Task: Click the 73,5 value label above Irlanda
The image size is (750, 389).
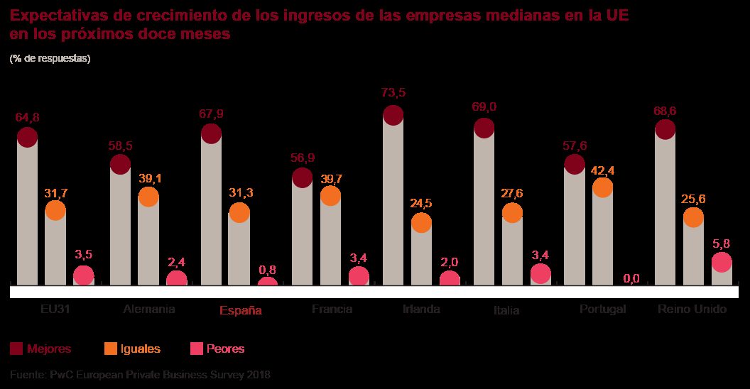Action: click(393, 92)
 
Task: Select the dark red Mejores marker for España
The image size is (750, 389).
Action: click(211, 133)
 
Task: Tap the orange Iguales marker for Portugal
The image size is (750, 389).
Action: click(602, 187)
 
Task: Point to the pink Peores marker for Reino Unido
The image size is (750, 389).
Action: click(722, 262)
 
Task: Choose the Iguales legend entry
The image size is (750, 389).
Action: click(132, 349)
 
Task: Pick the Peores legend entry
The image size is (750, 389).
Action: click(217, 349)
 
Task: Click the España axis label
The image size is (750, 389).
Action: click(240, 310)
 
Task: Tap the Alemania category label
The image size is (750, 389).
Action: click(148, 309)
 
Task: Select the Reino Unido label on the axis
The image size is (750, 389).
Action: click(692, 309)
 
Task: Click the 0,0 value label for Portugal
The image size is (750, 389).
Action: click(631, 278)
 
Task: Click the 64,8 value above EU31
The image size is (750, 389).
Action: click(28, 117)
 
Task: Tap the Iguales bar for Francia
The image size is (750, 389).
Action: click(330, 241)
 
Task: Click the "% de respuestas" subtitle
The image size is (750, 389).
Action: click(50, 59)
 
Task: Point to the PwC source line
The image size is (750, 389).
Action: click(140, 374)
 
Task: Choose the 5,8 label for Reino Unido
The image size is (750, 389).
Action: click(721, 245)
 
